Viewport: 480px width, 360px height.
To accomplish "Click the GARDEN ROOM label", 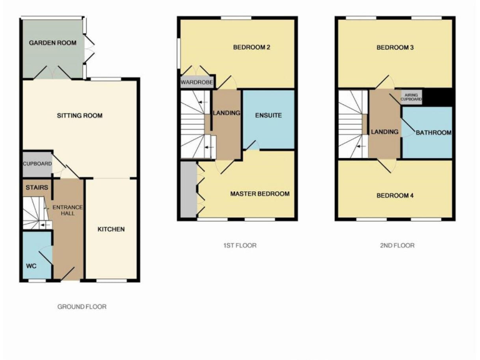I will pyautogui.click(x=53, y=43).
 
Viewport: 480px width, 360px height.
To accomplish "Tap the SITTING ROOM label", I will pyautogui.click(x=79, y=116).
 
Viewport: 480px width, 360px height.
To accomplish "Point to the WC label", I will pyautogui.click(x=31, y=266).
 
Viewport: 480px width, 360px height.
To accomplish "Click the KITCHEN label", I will pyautogui.click(x=111, y=229).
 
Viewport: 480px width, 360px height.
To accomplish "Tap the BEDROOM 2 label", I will pyautogui.click(x=251, y=47).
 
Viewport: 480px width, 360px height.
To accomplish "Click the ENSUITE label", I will pyautogui.click(x=268, y=116).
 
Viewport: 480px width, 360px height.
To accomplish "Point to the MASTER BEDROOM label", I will pyautogui.click(x=259, y=194).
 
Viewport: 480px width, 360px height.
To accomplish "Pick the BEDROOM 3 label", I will pyautogui.click(x=395, y=47).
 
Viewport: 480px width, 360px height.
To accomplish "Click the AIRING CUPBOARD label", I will pyautogui.click(x=411, y=97).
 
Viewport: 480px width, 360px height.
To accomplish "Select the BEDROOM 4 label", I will pyautogui.click(x=395, y=196).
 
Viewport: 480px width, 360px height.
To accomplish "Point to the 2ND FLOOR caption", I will pyautogui.click(x=397, y=246).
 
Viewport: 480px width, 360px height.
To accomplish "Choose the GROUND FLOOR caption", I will pyautogui.click(x=82, y=307).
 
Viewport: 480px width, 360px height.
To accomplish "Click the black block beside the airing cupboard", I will pyautogui.click(x=437, y=97).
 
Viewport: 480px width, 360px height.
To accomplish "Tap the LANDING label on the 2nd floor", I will pyautogui.click(x=384, y=132).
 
